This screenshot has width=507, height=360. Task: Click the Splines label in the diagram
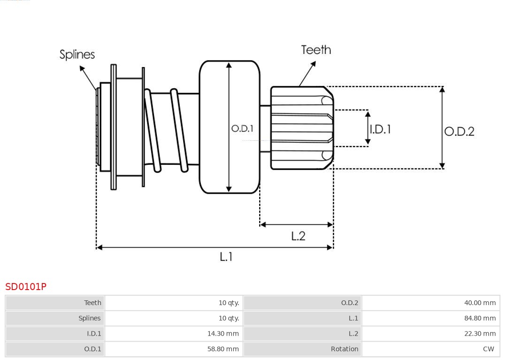[x=77, y=54]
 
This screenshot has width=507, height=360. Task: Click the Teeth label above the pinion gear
[x=316, y=50]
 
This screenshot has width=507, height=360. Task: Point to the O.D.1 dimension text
[x=242, y=128]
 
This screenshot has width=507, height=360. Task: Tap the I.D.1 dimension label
[x=380, y=129]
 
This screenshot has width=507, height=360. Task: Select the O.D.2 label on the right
[x=459, y=131]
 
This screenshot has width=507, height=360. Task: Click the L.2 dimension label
[x=298, y=236]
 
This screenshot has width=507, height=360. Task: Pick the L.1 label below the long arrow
[x=226, y=256]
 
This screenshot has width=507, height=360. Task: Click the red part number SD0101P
[x=26, y=286]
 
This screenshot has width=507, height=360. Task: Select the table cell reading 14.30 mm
[x=223, y=334]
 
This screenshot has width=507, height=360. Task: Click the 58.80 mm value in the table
[x=223, y=349]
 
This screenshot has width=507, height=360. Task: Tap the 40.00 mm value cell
[x=480, y=303]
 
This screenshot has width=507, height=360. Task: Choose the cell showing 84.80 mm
[x=480, y=318]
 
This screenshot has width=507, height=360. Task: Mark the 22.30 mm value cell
[x=480, y=334]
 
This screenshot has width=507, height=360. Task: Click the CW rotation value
[x=488, y=349]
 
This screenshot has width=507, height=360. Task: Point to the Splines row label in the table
[x=89, y=318]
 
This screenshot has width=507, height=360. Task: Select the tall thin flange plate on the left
[x=114, y=127]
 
